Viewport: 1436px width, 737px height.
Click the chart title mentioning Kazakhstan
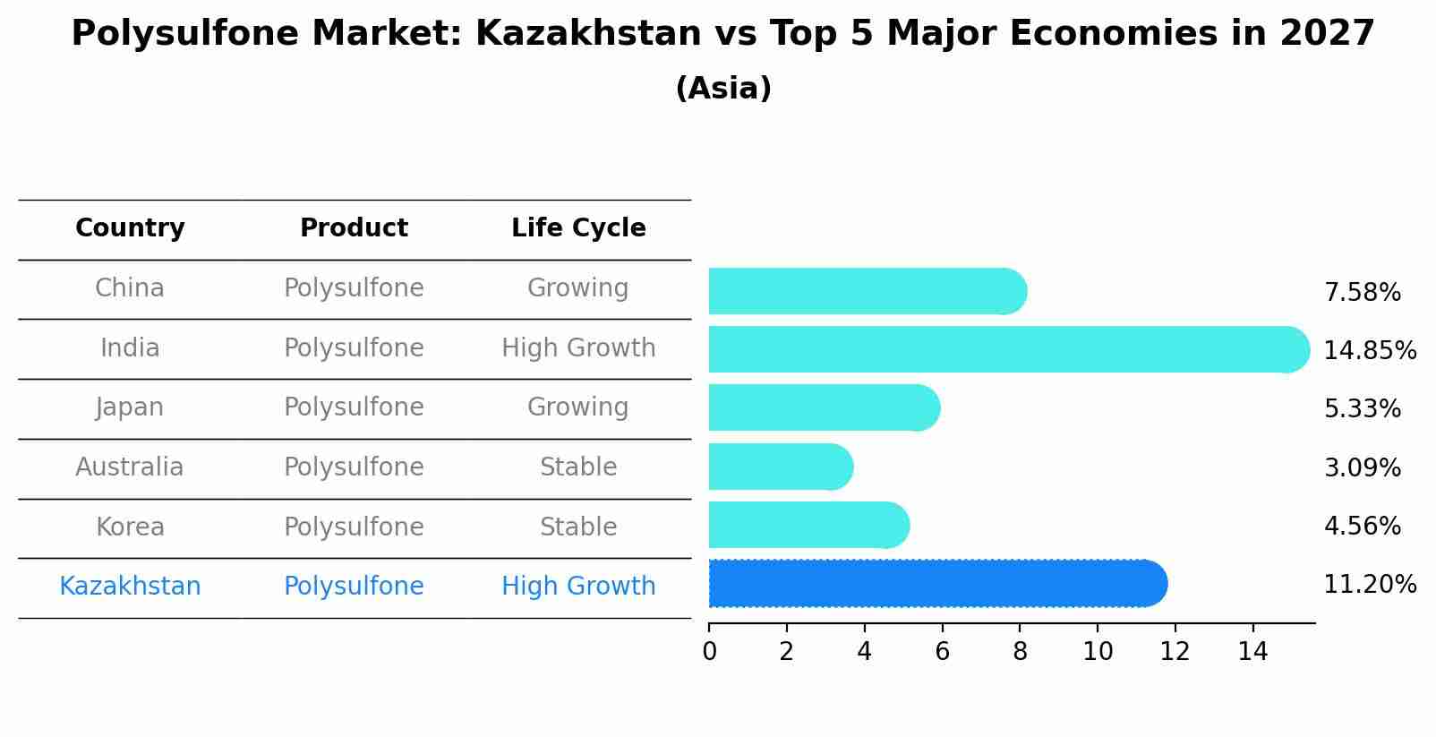tap(722, 34)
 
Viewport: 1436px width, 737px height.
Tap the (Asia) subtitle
tap(722, 89)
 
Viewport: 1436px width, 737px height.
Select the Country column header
tap(130, 228)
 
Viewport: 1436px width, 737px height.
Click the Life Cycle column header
tap(578, 228)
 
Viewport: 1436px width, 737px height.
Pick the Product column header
tap(354, 228)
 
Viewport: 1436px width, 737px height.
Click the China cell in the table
tap(130, 288)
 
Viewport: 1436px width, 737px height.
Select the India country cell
tap(130, 348)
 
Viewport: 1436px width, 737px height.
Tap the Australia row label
tap(130, 467)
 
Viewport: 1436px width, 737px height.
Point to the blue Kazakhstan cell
tap(130, 587)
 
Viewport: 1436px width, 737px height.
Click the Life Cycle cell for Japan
tap(578, 407)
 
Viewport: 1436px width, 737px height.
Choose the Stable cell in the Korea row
tap(578, 527)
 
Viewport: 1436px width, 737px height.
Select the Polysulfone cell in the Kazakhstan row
tap(354, 587)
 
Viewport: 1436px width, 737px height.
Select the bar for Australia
tap(779, 467)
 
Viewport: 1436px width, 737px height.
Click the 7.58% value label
tap(1362, 293)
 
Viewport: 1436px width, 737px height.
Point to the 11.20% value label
tap(1370, 585)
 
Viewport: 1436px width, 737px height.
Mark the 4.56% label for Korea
tap(1362, 527)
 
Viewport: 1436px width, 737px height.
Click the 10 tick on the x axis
tap(1098, 652)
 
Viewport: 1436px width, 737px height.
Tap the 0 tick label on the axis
tap(709, 652)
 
